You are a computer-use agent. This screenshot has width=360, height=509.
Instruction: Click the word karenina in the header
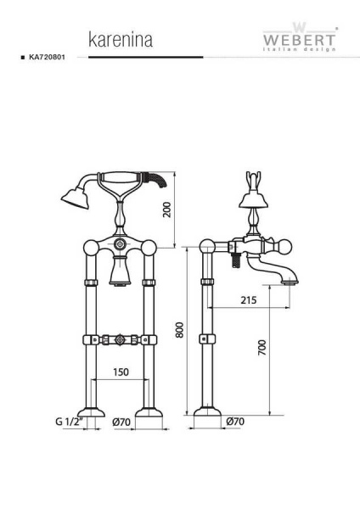click(121, 40)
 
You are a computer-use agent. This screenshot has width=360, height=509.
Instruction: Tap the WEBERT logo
click(299, 37)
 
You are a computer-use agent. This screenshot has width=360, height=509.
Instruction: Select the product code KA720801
click(47, 57)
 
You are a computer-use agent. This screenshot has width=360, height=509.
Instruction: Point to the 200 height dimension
click(166, 210)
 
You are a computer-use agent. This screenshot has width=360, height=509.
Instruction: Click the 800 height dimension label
click(180, 330)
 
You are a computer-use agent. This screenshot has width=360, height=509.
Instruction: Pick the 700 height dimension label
click(262, 347)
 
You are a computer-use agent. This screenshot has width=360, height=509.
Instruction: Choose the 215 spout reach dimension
click(249, 300)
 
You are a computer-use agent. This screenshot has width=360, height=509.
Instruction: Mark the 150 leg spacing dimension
click(121, 372)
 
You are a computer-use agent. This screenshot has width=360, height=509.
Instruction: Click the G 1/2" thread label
click(70, 422)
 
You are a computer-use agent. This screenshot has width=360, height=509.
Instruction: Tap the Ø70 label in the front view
click(121, 422)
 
